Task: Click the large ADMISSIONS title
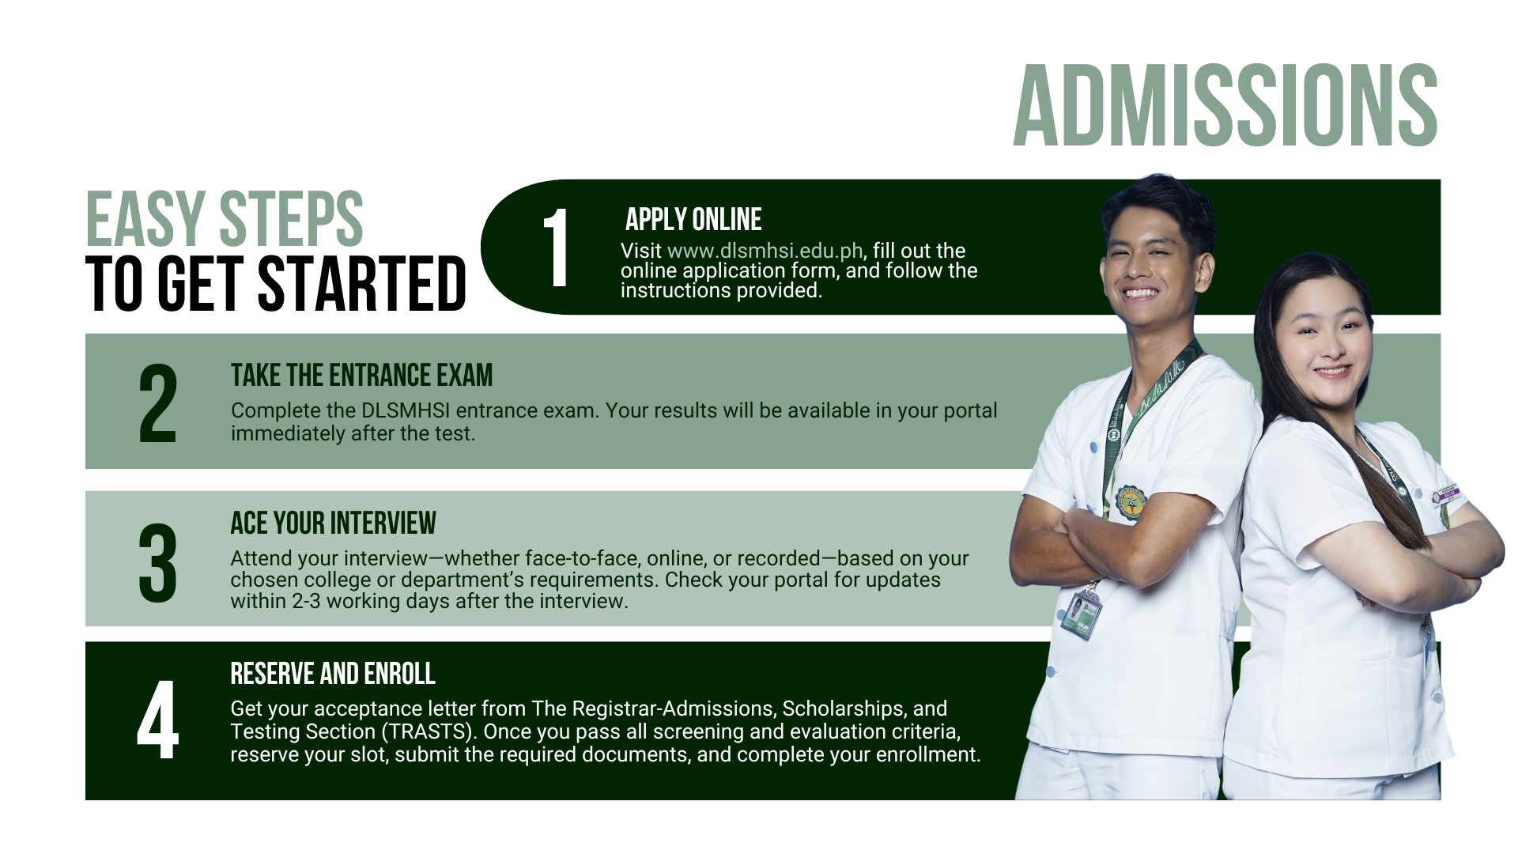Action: pyautogui.click(x=1225, y=105)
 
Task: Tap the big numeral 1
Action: pyautogui.click(x=557, y=247)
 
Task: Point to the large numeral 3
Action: pyautogui.click(x=157, y=562)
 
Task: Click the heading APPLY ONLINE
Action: pyautogui.click(x=693, y=219)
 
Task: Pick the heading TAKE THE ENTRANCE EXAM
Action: pyautogui.click(x=361, y=375)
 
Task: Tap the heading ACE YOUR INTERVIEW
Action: pyautogui.click(x=333, y=523)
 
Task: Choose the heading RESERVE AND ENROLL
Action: pyautogui.click(x=333, y=674)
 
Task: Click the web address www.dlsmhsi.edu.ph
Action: pyautogui.click(x=765, y=251)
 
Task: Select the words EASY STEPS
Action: pyautogui.click(x=224, y=219)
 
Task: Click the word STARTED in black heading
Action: pyautogui.click(x=361, y=283)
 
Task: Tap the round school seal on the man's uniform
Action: pyautogui.click(x=1130, y=503)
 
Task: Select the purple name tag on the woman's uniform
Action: pyautogui.click(x=1446, y=497)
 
